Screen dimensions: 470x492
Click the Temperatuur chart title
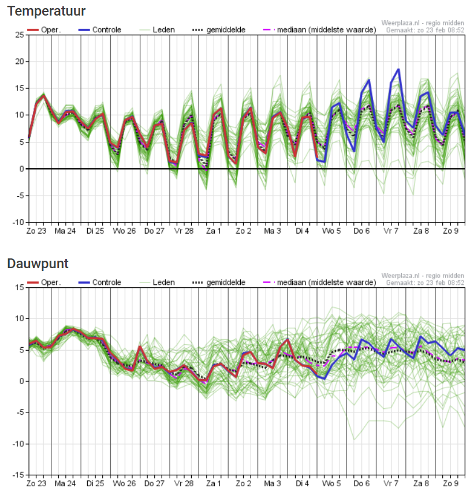[46, 11]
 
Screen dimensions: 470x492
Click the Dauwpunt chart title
[38, 264]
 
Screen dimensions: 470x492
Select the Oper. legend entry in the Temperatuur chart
[44, 30]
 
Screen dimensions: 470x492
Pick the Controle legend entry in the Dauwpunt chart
[100, 283]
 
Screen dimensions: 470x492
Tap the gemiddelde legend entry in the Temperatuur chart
[219, 30]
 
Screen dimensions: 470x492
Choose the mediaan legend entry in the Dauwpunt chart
[319, 283]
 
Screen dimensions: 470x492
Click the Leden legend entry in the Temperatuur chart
[157, 30]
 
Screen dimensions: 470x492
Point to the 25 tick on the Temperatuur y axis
[20, 35]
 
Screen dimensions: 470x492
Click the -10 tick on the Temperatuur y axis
[18, 222]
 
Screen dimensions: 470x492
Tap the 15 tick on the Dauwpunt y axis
[20, 287]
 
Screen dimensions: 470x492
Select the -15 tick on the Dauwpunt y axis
[18, 475]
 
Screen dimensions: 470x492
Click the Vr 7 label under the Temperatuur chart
[391, 231]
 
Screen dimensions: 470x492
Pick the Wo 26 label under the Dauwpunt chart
[124, 483]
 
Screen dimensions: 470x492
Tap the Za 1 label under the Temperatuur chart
[214, 231]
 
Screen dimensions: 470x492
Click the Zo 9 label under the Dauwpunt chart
[450, 483]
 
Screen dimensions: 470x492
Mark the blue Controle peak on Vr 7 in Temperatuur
[398, 69]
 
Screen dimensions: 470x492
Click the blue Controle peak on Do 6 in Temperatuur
[369, 80]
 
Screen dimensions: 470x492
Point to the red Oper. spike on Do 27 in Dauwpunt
[140, 347]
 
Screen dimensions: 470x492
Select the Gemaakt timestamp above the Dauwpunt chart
[425, 283]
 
